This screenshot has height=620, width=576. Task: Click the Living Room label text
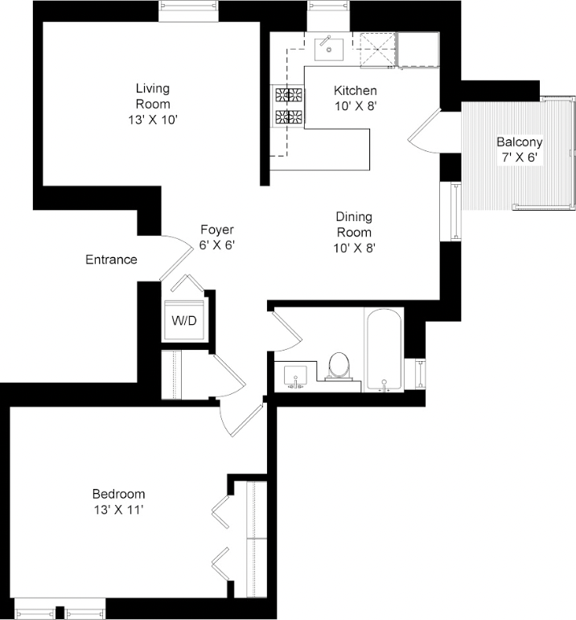tap(153, 104)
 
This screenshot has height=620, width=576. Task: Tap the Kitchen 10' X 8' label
tap(355, 97)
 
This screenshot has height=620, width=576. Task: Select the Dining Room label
tap(355, 232)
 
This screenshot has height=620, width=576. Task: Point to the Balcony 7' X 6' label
tap(519, 150)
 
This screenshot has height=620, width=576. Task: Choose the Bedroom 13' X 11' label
tap(118, 501)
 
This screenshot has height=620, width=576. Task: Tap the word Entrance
tap(111, 260)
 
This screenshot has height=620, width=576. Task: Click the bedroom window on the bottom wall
tap(60, 609)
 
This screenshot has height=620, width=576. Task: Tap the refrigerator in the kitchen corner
tap(419, 50)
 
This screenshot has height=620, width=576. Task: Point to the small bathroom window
tap(421, 373)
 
